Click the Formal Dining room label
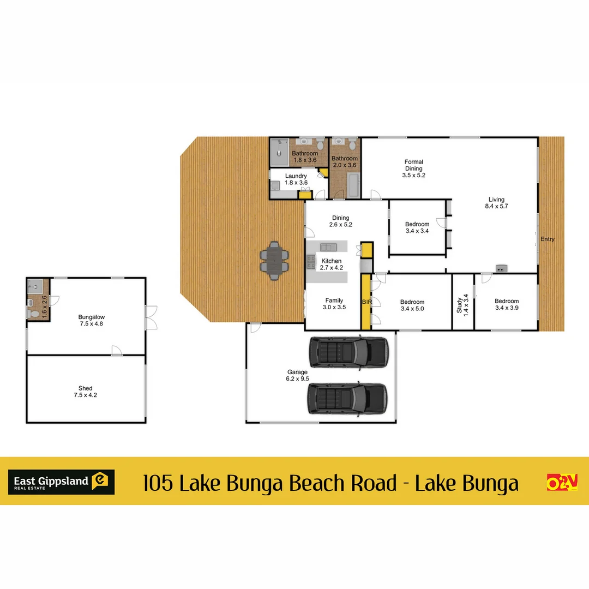(413, 169)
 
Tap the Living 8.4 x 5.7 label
(496, 203)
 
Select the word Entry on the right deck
(547, 239)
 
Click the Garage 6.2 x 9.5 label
(297, 376)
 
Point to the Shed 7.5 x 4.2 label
(85, 392)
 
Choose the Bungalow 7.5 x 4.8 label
(91, 320)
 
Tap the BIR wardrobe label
(366, 301)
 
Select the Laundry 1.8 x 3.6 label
(296, 179)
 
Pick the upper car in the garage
(348, 352)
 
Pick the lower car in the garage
(348, 400)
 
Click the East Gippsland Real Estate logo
(61, 482)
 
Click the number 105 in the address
(158, 483)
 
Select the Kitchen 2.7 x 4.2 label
(331, 265)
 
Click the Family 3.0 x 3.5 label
(334, 304)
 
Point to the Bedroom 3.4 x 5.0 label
(412, 305)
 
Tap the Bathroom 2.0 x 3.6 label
(345, 162)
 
